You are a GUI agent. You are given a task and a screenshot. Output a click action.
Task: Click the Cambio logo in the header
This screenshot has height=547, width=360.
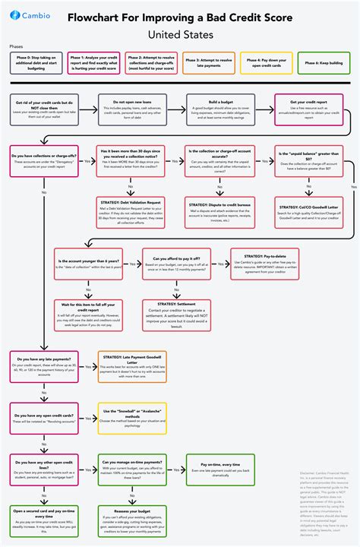pyautogui.click(x=30, y=15)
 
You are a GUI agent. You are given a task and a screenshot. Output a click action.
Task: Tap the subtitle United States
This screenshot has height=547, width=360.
pyautogui.click(x=180, y=34)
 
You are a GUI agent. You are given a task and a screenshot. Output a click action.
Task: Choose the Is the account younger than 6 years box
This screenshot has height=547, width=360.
pyautogui.click(x=88, y=264)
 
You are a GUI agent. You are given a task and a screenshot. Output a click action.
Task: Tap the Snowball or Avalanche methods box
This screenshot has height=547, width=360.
pyautogui.click(x=134, y=416)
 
